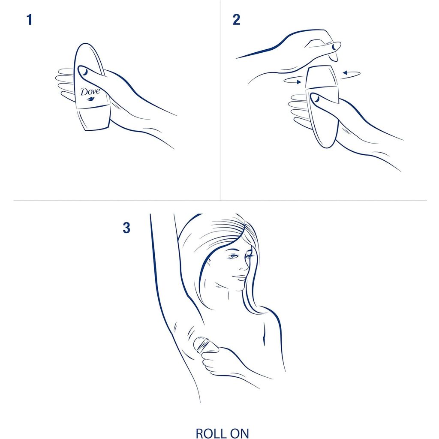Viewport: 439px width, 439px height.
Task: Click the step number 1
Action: (29, 20)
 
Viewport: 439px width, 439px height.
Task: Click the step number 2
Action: (236, 20)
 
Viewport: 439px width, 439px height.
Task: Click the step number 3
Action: (126, 228)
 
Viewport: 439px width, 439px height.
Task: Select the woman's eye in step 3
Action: (233, 257)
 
